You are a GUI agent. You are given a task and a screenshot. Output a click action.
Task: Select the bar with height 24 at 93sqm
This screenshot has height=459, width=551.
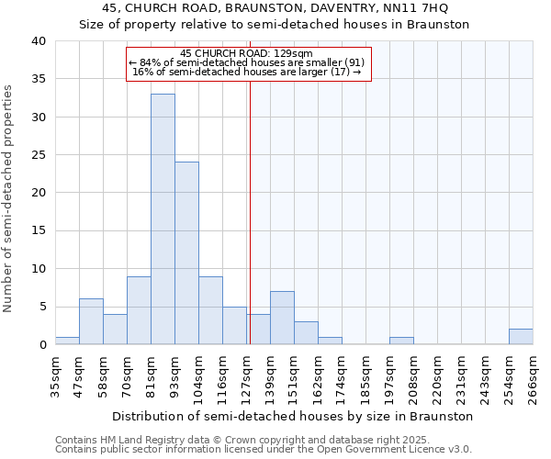point(186,252)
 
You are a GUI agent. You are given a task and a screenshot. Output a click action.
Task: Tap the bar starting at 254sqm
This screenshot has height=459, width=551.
point(521,336)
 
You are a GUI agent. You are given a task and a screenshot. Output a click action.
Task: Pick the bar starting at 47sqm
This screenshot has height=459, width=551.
point(91,321)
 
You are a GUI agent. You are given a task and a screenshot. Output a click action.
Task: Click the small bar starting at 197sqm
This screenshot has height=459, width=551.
point(401,341)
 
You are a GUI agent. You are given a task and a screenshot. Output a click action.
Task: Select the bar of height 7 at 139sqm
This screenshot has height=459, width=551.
point(282,318)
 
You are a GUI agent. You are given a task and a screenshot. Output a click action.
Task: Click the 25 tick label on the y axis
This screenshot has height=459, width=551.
point(38,155)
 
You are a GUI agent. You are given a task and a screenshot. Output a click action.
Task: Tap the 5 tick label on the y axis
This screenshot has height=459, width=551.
point(41,307)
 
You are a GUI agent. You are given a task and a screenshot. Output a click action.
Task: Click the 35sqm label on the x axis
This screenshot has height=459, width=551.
point(55,376)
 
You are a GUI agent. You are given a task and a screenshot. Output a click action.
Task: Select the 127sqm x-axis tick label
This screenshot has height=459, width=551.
point(246,376)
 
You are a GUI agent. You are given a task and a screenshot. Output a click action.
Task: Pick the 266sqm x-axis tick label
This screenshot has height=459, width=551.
point(533,376)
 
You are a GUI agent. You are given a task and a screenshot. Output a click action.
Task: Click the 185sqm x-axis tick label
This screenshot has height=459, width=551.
point(365,376)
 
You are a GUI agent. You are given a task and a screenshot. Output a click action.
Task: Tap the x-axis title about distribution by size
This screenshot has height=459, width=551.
point(294,416)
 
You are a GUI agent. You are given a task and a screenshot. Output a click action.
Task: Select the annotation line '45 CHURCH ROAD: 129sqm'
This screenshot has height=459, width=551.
point(248,53)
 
